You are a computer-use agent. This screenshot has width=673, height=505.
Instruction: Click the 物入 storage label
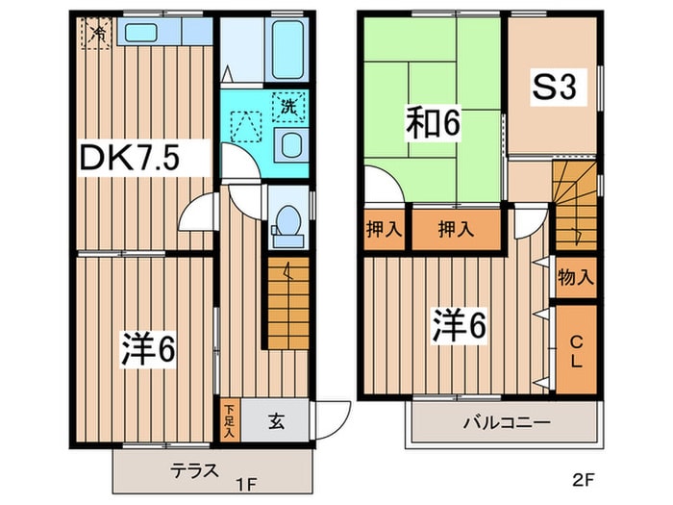(576, 279)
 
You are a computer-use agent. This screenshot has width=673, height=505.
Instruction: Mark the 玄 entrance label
(274, 419)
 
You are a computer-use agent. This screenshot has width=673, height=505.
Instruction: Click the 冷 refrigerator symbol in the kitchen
(97, 35)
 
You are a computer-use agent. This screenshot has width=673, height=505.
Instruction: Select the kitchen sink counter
(163, 33)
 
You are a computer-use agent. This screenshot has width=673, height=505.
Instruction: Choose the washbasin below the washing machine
(289, 145)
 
